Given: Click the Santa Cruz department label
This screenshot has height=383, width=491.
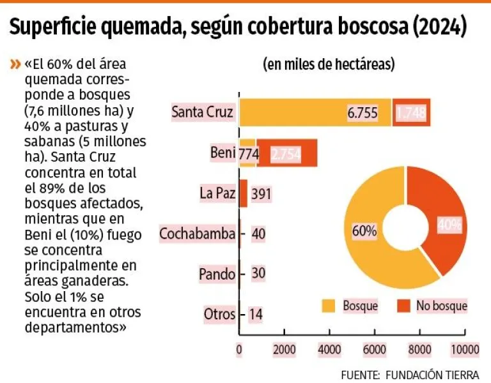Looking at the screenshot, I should pyautogui.click(x=203, y=113).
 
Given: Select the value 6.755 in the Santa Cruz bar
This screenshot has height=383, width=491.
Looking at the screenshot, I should pyautogui.click(x=362, y=114).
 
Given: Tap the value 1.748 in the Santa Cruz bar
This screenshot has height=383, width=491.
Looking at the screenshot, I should pyautogui.click(x=411, y=114).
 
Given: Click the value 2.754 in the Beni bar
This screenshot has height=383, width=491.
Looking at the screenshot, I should pyautogui.click(x=286, y=154).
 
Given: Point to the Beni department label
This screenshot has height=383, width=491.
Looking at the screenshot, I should pyautogui.click(x=222, y=153).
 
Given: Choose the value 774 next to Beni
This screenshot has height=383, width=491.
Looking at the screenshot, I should pyautogui.click(x=247, y=154).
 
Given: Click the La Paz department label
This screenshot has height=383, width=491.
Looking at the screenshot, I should pyautogui.click(x=217, y=193).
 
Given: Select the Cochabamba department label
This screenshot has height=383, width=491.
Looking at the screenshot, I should pyautogui.click(x=198, y=234).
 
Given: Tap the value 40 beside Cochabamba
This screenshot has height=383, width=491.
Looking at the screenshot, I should pyautogui.click(x=258, y=234).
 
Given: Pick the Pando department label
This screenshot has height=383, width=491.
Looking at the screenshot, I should pyautogui.click(x=217, y=274).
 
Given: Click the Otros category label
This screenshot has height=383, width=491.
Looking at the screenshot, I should pyautogui.click(x=219, y=314).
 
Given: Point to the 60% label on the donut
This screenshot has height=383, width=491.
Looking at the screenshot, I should pyautogui.click(x=364, y=231).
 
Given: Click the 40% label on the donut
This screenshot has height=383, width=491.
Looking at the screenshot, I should pyautogui.click(x=450, y=224).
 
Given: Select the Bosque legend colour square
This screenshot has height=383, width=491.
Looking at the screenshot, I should pyautogui.click(x=328, y=306).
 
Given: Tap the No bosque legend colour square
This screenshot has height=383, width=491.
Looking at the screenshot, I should pyautogui.click(x=404, y=306).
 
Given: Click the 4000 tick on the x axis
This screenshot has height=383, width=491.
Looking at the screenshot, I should pyautogui.click(x=329, y=349).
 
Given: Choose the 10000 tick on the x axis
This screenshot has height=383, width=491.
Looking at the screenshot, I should pyautogui.click(x=464, y=349).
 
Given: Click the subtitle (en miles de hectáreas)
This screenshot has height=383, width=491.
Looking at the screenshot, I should pyautogui.click(x=329, y=64).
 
